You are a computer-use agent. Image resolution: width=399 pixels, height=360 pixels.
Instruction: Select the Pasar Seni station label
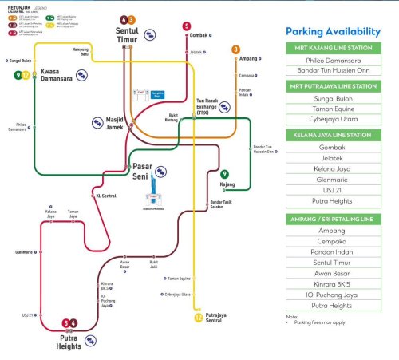tap(136, 170)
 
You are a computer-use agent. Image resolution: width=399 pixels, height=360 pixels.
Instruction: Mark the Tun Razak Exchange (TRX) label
tap(207, 105)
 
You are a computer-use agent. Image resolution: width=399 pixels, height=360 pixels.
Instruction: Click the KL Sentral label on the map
tap(105, 195)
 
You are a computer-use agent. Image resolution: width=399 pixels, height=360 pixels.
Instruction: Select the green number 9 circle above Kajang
tap(225, 173)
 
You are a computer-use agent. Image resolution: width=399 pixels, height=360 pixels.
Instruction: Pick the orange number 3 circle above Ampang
tap(235, 49)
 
